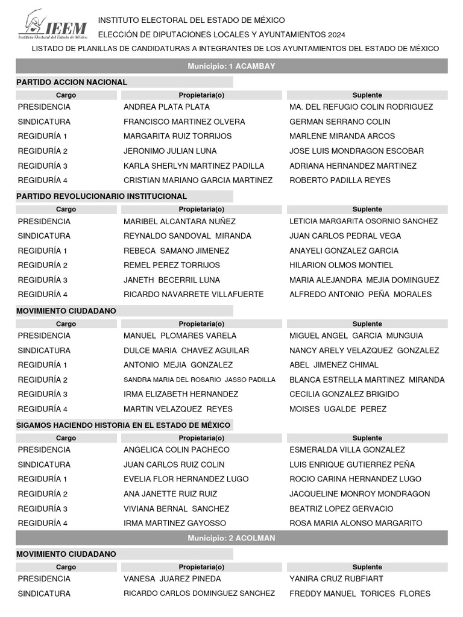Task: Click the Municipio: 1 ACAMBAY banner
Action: click(x=231, y=66)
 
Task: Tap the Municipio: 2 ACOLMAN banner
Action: click(x=231, y=538)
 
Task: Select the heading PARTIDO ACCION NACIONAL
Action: click(x=72, y=82)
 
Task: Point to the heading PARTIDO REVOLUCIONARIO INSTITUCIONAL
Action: click(x=102, y=196)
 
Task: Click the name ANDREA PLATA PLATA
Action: click(x=166, y=107)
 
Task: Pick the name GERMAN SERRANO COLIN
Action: click(x=339, y=122)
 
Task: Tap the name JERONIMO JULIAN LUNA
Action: click(x=170, y=151)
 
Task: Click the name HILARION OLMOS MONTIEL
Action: click(x=341, y=265)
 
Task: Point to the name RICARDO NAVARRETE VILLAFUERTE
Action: click(x=194, y=294)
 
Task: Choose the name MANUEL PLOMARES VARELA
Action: click(x=180, y=336)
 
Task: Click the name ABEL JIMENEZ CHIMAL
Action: click(x=334, y=365)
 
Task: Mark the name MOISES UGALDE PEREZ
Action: click(x=338, y=409)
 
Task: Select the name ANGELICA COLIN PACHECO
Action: click(x=177, y=449)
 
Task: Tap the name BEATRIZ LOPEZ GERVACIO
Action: click(x=341, y=509)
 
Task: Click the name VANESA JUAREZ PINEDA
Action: click(x=172, y=578)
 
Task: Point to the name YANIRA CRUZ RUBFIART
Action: click(x=336, y=578)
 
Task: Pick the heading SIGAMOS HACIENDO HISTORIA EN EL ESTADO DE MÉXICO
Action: click(x=124, y=425)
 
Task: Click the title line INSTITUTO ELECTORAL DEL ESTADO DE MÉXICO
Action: click(x=191, y=20)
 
